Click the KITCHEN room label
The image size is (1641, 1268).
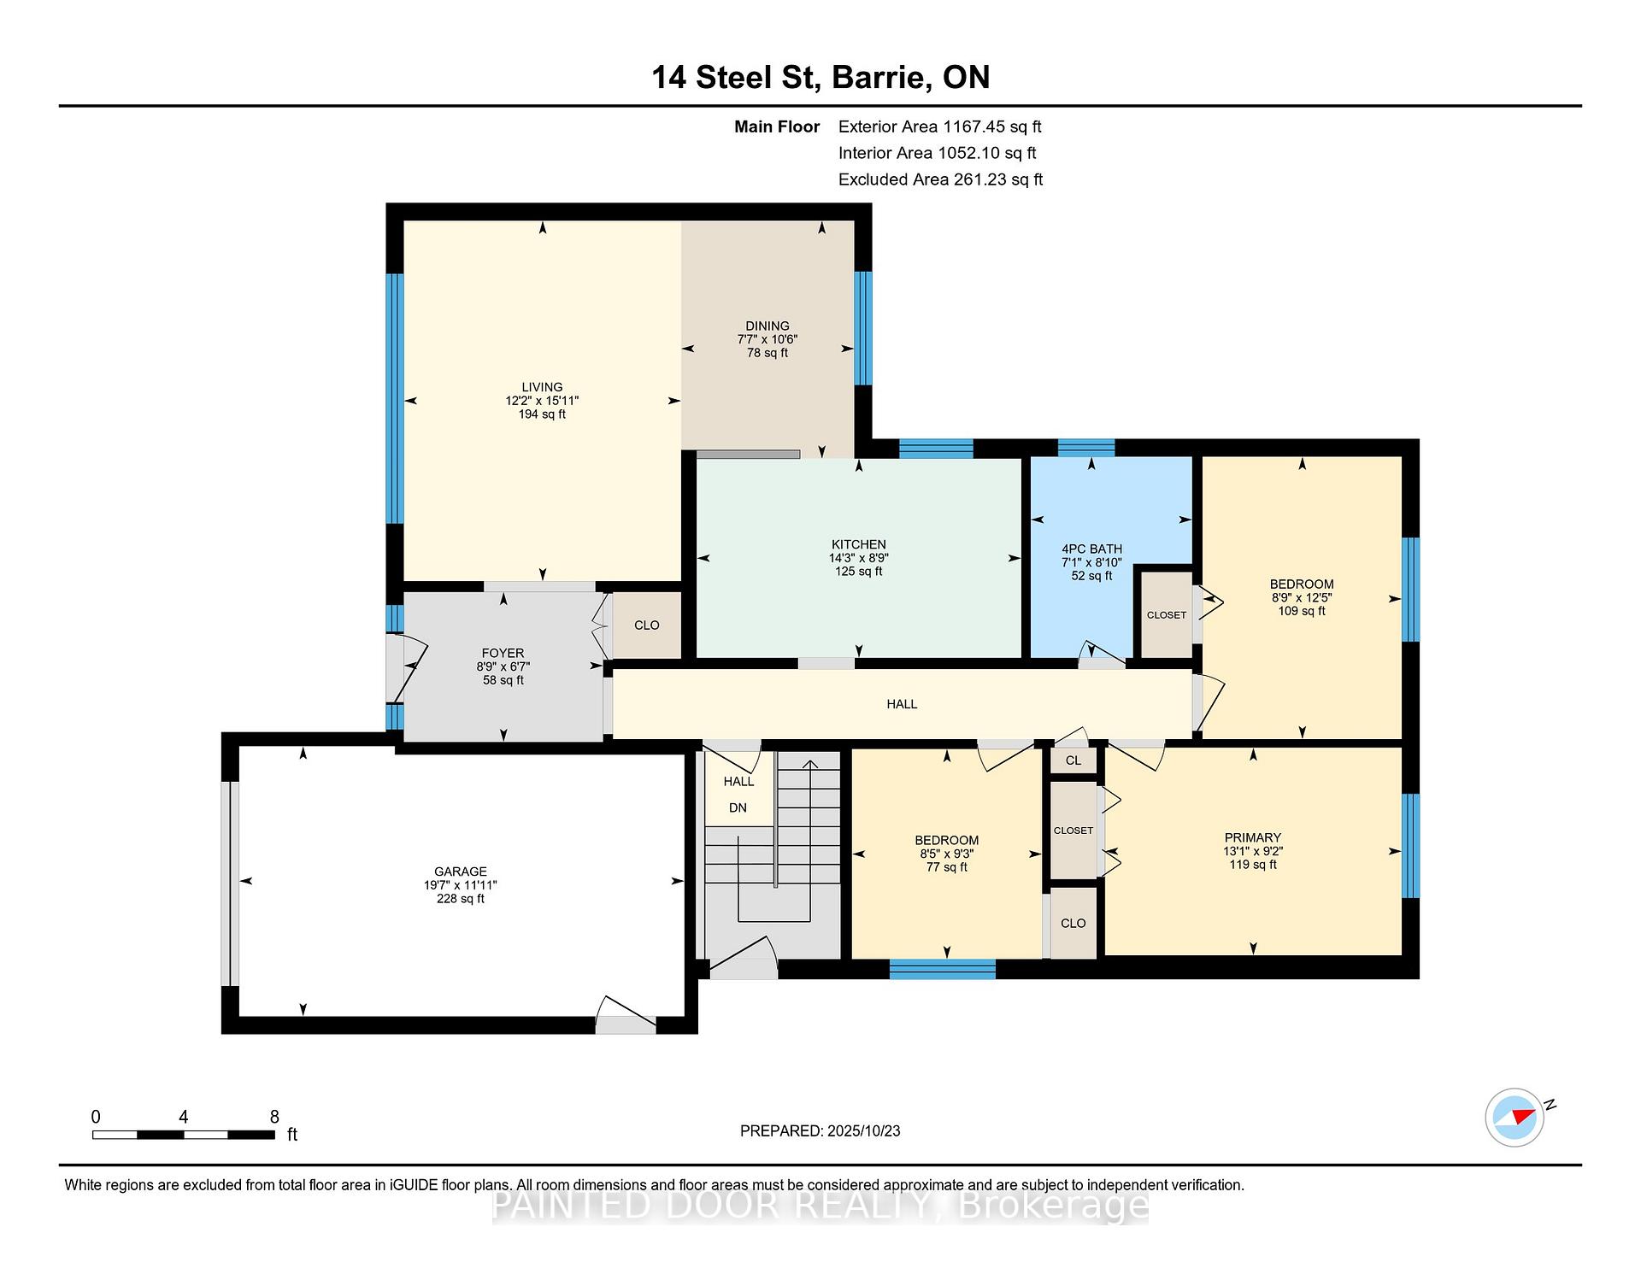point(859,544)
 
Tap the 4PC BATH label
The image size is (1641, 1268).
point(1091,549)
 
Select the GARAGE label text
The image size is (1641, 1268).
point(460,872)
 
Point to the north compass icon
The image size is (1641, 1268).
point(1515,1117)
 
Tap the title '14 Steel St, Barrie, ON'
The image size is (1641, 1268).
point(820,77)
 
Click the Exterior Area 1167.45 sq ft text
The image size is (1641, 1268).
point(939,126)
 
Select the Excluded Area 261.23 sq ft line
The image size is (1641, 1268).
point(940,179)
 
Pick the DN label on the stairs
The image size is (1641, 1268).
point(738,807)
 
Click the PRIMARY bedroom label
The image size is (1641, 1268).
point(1253,837)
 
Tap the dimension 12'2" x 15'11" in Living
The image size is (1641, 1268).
point(542,401)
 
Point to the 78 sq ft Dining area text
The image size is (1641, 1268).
point(768,353)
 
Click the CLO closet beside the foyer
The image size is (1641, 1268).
point(647,625)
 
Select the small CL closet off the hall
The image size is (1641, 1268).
point(1073,760)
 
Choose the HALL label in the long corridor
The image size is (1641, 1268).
point(902,704)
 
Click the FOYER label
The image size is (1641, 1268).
point(503,653)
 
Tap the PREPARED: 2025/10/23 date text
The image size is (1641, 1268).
point(820,1130)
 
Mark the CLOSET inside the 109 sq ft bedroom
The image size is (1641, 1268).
point(1167,615)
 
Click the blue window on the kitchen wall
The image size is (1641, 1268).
point(937,448)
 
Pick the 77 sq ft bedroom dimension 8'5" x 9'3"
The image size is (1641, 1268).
point(947,854)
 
